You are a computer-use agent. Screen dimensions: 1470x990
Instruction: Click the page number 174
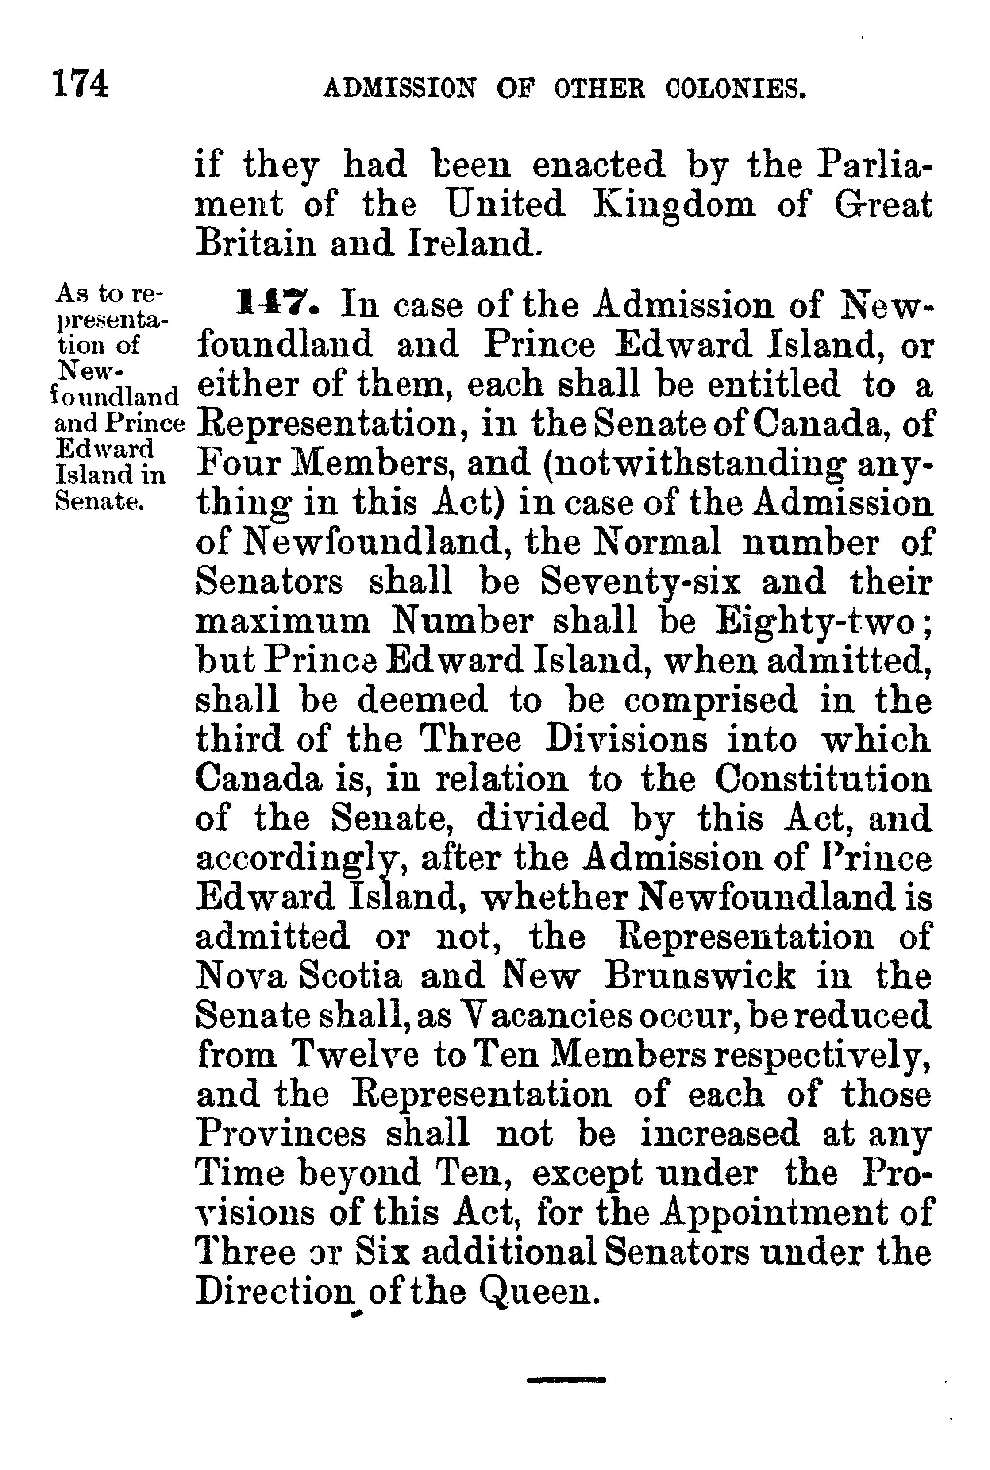coord(81,84)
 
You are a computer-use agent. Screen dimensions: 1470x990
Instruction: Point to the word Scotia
coord(349,977)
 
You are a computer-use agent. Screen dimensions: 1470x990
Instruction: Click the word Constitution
coord(823,780)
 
